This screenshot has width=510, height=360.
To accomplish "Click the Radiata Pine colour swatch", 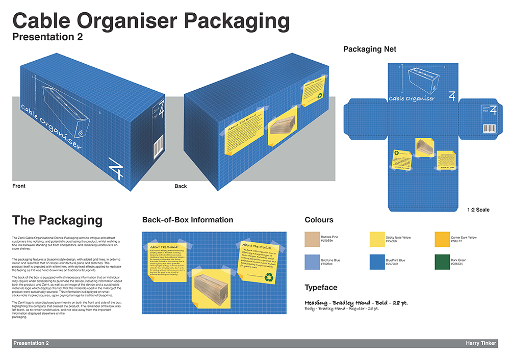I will coord(312,240).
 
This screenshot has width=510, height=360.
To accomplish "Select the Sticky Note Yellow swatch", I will coord(377,240).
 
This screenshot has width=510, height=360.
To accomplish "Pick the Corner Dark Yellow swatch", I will coord(442,240).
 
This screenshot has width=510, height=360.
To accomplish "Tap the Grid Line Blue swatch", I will coord(312,262).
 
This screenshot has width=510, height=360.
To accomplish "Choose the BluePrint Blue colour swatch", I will coord(377,262).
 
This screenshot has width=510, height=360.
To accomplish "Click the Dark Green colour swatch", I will coord(442,262).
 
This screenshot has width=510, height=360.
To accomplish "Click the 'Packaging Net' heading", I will coord(370,49).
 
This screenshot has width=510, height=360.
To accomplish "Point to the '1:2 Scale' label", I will coord(478,210).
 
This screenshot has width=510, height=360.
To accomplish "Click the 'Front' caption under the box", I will coord(19,186).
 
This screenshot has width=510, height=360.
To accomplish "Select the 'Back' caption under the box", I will coord(181,186).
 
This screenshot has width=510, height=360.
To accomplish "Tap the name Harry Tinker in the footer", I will coord(481,344).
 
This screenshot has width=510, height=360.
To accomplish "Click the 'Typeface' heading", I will coord(321,288).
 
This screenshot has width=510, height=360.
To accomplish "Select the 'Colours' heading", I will coord(319,220).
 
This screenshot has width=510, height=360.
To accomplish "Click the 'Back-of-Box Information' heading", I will coord(188,220).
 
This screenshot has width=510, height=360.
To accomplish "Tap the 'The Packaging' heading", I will coord(57,220).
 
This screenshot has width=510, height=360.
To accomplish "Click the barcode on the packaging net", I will coord(489,128).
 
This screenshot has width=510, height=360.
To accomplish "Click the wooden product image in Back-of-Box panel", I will coord(212,289).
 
